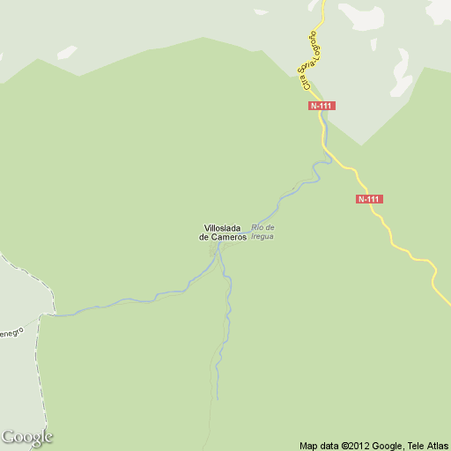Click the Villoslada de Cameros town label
tap(222, 233)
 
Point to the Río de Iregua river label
tap(262, 233)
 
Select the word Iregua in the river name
tap(262, 237)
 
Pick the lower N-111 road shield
tap(369, 199)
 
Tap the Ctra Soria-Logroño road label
tap(311, 58)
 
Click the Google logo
tap(27, 437)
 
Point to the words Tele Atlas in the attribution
tap(426, 445)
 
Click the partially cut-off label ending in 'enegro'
tap(11, 333)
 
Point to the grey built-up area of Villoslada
tap(213, 249)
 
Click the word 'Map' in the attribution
tap(307, 445)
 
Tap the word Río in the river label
tap(258, 228)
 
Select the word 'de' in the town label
tap(203, 238)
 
